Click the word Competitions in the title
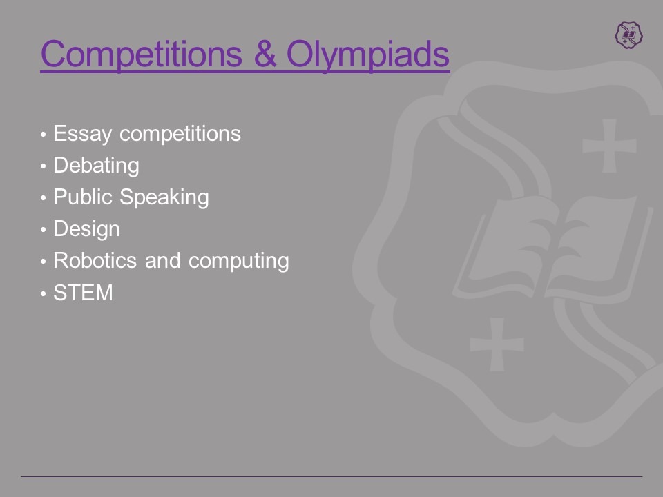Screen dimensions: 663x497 click(142, 55)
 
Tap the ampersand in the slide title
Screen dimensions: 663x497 click(265, 54)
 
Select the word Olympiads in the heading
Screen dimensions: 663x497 click(368, 55)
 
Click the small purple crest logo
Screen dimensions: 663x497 click(628, 35)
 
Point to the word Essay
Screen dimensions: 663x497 click(82, 135)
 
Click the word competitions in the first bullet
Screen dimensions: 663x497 click(180, 135)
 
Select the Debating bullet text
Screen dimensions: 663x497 click(97, 166)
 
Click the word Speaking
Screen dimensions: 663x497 click(164, 198)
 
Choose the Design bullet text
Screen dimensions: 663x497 click(87, 229)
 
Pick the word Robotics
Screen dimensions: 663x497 click(95, 260)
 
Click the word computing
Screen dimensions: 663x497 click(239, 261)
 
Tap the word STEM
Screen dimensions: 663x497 click(84, 293)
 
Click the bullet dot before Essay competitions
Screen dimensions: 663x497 click(43, 135)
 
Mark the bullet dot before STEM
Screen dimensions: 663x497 click(43, 293)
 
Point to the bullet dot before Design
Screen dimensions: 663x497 click(43, 230)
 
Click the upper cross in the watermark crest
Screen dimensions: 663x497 click(609, 146)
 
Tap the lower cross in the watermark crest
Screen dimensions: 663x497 click(497, 344)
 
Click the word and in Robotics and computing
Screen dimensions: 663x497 click(163, 260)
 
